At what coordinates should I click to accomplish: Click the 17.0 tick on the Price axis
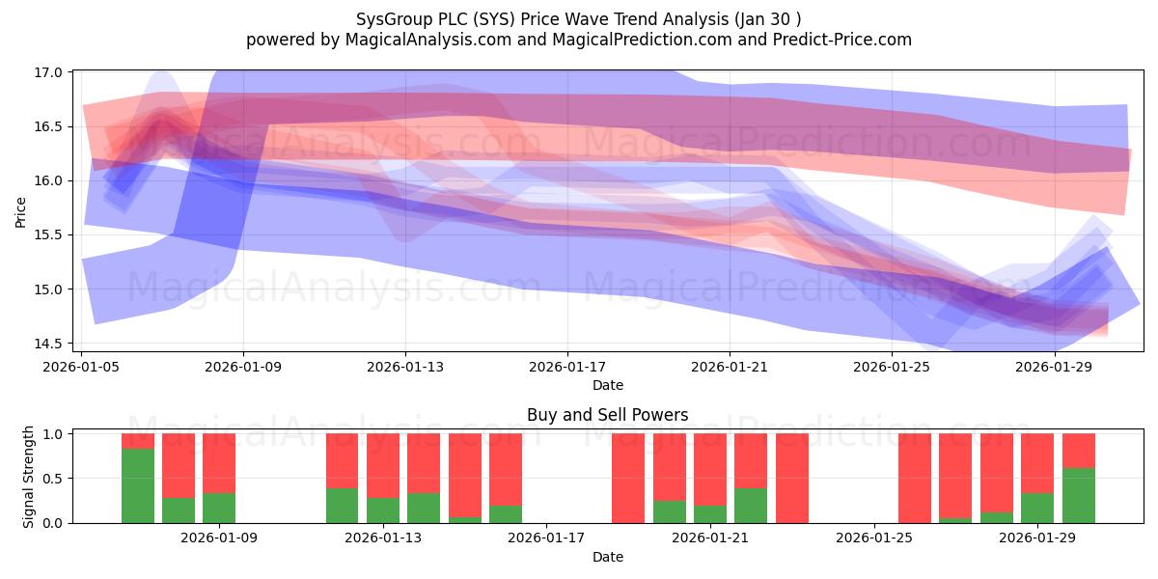tap(47, 72)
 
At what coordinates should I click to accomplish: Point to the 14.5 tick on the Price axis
tap(47, 344)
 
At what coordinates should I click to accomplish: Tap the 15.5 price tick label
tap(47, 235)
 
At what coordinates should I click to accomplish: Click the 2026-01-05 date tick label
tap(81, 367)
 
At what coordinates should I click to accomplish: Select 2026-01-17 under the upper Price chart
tap(567, 367)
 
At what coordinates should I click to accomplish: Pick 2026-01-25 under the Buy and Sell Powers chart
tap(874, 538)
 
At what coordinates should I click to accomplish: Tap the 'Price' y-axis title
tap(20, 212)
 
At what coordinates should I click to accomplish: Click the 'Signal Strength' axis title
tap(28, 477)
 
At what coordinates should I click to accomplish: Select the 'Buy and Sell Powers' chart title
tap(607, 415)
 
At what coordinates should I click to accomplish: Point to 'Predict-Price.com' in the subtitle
tap(842, 40)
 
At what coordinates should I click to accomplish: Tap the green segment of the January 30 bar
tap(1079, 495)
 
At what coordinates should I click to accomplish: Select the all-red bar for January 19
tap(628, 479)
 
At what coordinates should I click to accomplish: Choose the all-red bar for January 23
tap(792, 479)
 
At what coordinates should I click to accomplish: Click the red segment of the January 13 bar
tap(383, 466)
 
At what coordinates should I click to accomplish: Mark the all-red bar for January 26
tap(915, 479)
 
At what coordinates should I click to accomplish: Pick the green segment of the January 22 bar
tap(751, 506)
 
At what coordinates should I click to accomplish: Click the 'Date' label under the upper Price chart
tap(608, 385)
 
